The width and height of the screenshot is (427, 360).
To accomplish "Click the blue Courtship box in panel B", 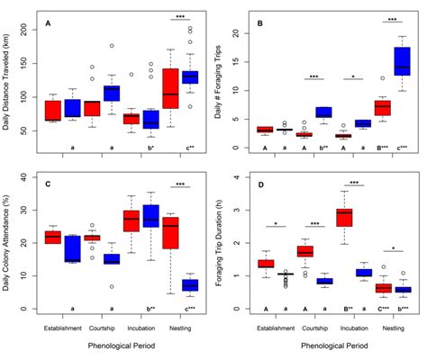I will click(323, 112).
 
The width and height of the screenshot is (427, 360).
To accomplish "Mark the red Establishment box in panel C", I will click(53, 237).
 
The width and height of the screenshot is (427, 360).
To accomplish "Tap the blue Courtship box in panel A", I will click(111, 93).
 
